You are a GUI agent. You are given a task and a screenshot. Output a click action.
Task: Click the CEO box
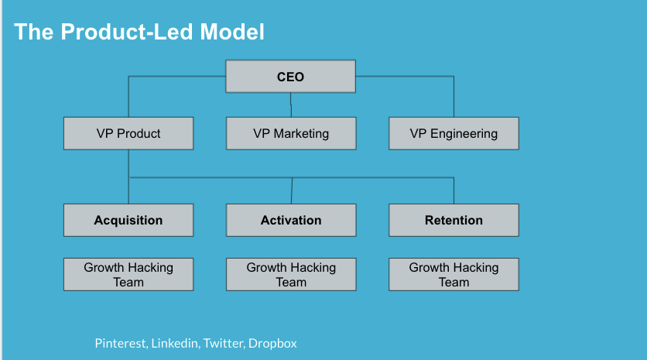[x=290, y=77]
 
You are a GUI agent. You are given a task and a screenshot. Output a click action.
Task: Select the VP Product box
[x=128, y=133]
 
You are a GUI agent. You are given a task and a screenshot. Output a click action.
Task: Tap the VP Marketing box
[x=291, y=133]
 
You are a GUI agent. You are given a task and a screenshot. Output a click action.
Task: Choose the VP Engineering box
[x=454, y=133]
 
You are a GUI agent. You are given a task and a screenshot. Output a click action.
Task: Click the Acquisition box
[x=128, y=220]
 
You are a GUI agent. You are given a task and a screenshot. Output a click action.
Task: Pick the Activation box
[x=291, y=220]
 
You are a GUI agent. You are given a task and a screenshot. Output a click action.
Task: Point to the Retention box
[x=454, y=220]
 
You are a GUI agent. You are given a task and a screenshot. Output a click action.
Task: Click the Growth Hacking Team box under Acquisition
[x=128, y=275]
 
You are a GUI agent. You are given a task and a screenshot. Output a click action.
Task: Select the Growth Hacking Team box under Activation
[x=291, y=275]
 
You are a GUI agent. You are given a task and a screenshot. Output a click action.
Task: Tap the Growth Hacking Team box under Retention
[x=454, y=275]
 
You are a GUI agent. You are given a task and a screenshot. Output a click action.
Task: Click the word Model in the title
[x=232, y=32]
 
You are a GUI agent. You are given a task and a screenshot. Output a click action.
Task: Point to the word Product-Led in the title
[x=127, y=32]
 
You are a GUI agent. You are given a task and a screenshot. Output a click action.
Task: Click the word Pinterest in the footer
[x=122, y=344]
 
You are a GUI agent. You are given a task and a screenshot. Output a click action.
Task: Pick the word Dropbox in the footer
[x=272, y=344]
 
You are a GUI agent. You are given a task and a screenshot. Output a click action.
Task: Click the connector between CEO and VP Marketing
[x=291, y=105]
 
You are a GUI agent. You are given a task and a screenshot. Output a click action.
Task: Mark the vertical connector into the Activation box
[x=292, y=190]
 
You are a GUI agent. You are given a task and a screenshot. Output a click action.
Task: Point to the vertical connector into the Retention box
[x=454, y=190]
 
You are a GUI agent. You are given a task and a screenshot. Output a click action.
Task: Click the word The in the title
[x=34, y=32]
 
